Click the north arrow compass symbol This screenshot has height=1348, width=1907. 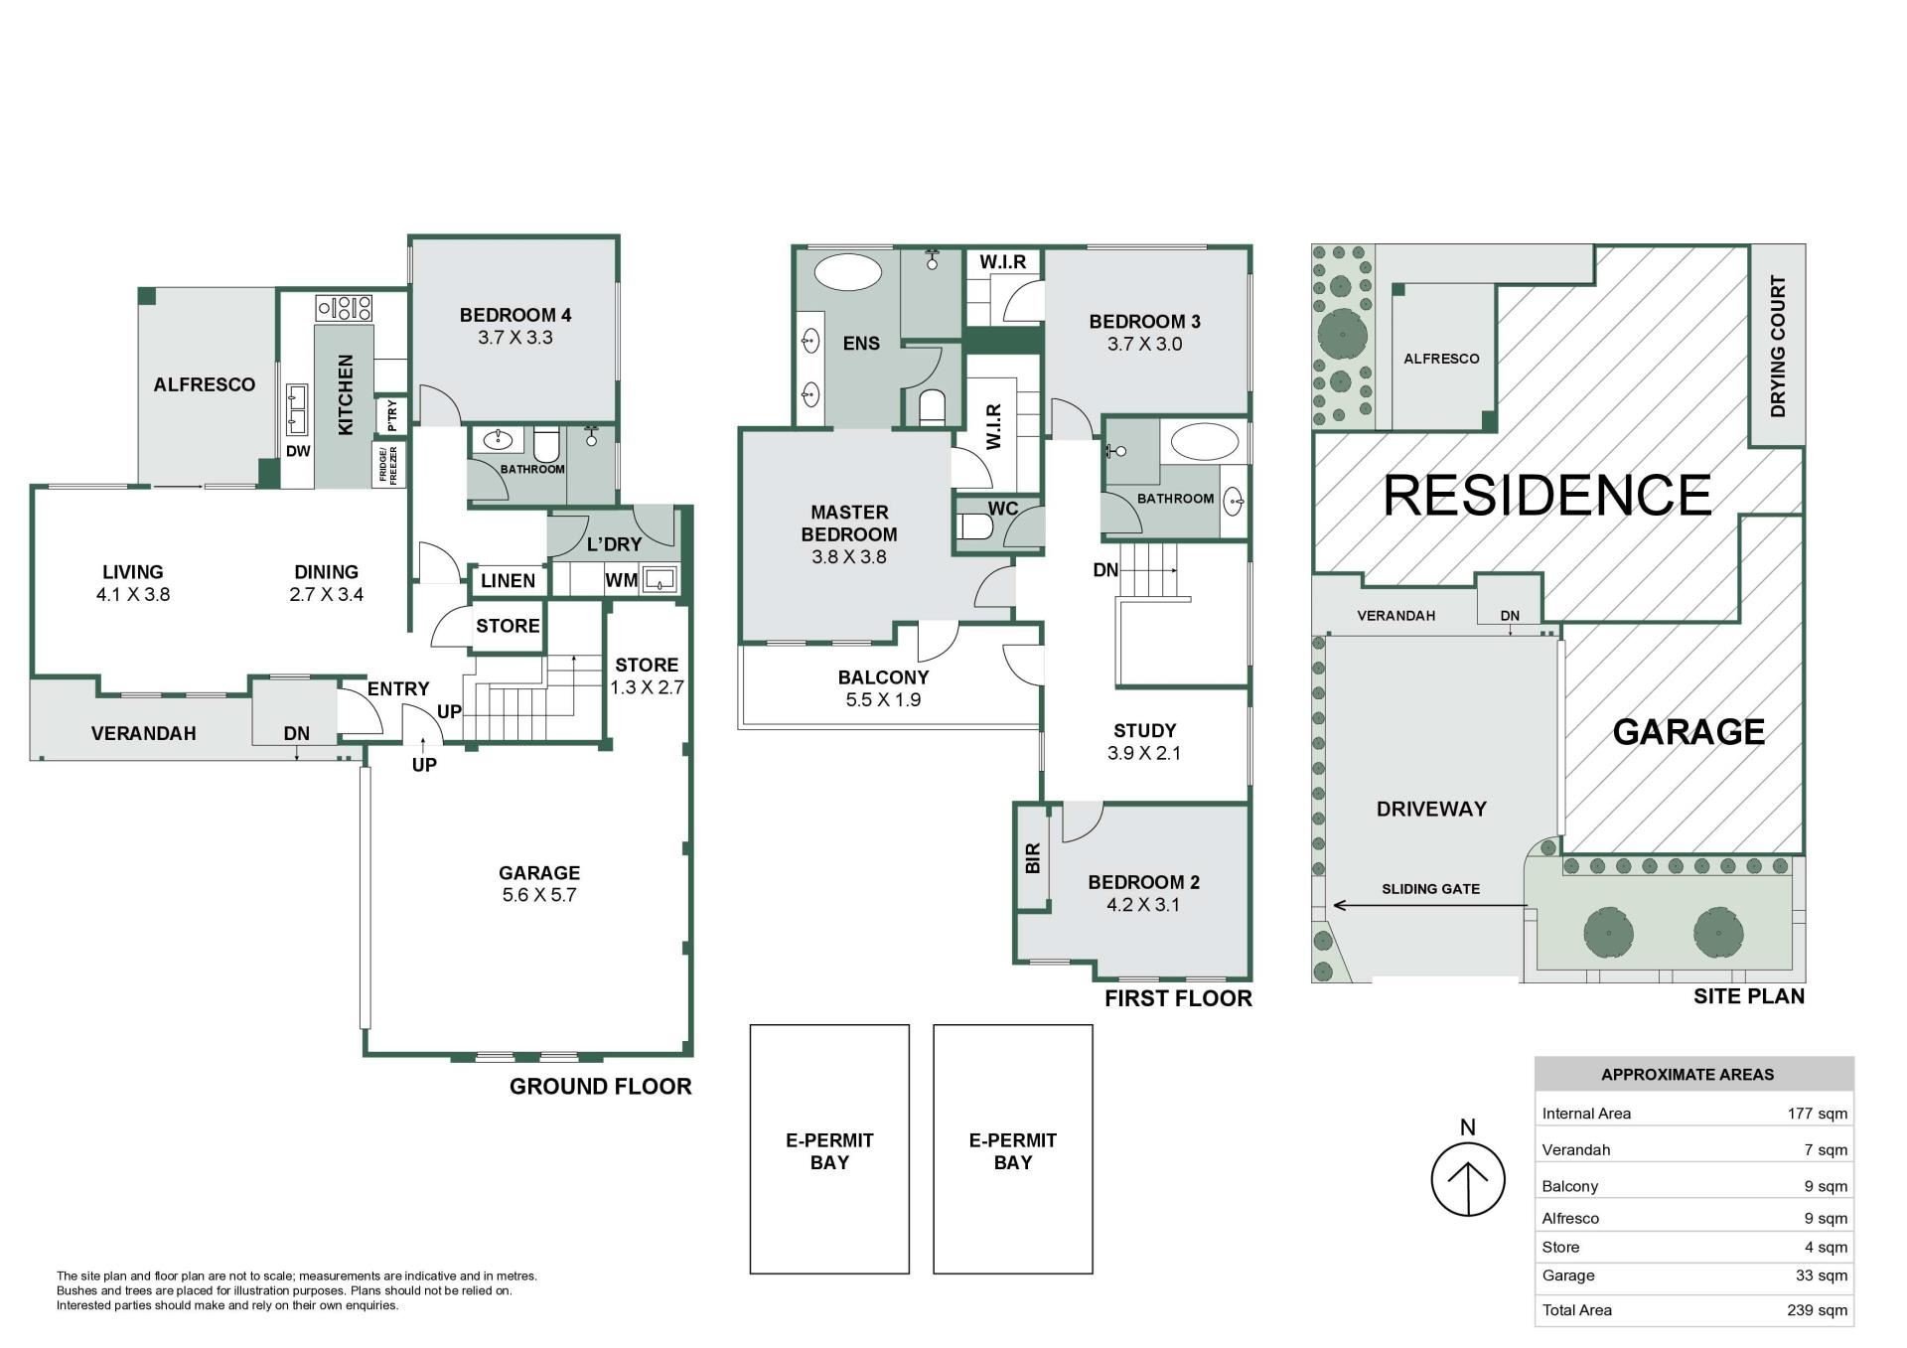[1467, 1178]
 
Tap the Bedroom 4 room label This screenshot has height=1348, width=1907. [514, 315]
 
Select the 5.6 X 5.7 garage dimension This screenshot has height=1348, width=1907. [539, 895]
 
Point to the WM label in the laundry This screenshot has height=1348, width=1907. [621, 580]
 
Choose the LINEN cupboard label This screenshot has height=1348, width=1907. [508, 581]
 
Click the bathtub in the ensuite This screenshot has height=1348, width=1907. [848, 271]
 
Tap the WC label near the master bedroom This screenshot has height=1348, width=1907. [1002, 509]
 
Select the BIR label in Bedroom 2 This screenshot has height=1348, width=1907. [1033, 857]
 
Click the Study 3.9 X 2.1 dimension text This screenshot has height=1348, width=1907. [1144, 753]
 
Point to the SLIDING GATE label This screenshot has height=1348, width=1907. [1430, 889]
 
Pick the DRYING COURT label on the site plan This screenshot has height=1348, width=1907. [1778, 346]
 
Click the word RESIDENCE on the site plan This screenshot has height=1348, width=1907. [1547, 495]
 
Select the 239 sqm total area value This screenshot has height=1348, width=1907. [1817, 1310]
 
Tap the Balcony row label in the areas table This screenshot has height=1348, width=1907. [1569, 1186]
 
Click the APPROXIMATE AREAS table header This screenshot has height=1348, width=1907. [1687, 1074]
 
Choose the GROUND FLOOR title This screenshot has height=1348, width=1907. [600, 1087]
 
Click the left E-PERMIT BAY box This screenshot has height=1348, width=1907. [829, 1149]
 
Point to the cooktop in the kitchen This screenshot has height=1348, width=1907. [344, 308]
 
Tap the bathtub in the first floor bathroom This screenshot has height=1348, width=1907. [1204, 442]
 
